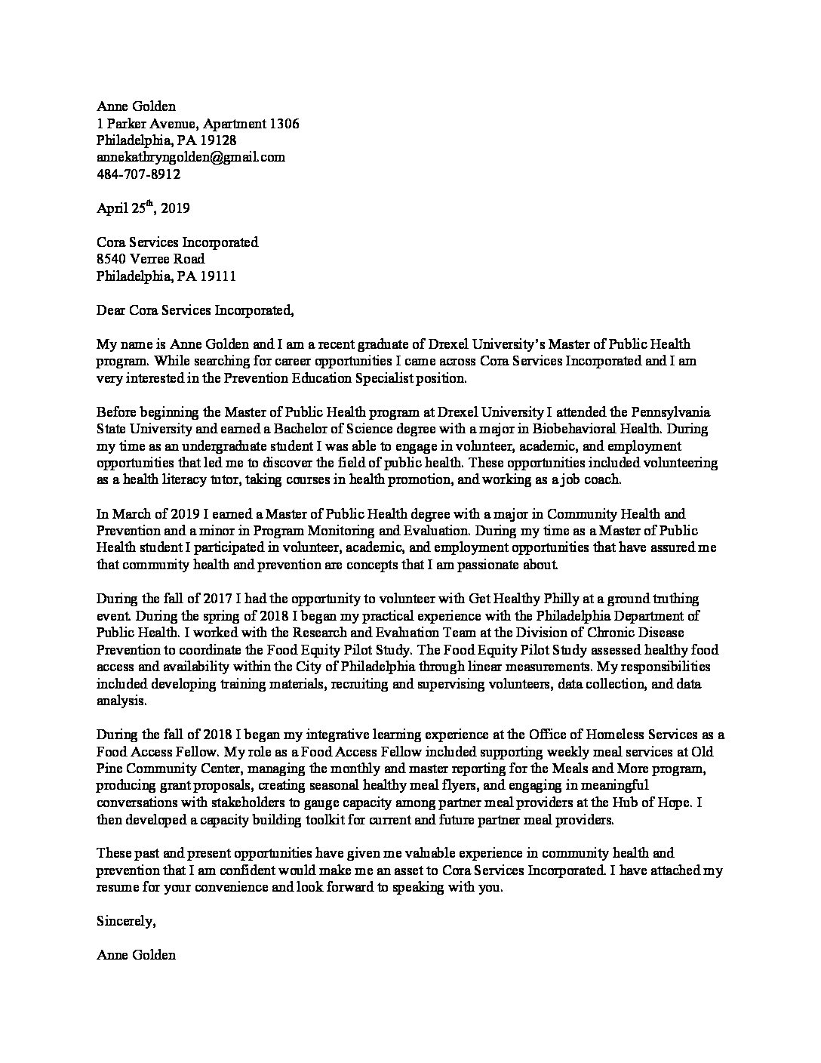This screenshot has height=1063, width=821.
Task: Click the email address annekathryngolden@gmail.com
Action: coord(190,157)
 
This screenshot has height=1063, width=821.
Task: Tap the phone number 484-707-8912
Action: coord(138,174)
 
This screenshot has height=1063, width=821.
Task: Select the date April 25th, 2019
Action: coord(148,208)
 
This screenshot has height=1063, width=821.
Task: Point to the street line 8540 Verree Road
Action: coord(150,259)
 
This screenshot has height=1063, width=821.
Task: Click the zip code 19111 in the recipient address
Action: coord(218,276)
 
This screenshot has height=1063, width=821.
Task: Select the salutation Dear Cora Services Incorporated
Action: coord(193,310)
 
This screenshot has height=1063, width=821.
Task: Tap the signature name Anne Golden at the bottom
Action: coord(136,955)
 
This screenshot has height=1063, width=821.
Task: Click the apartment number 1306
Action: coord(280,123)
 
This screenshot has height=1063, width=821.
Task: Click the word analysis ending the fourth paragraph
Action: coord(121,700)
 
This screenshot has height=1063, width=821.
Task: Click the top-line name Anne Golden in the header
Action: coord(136,106)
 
